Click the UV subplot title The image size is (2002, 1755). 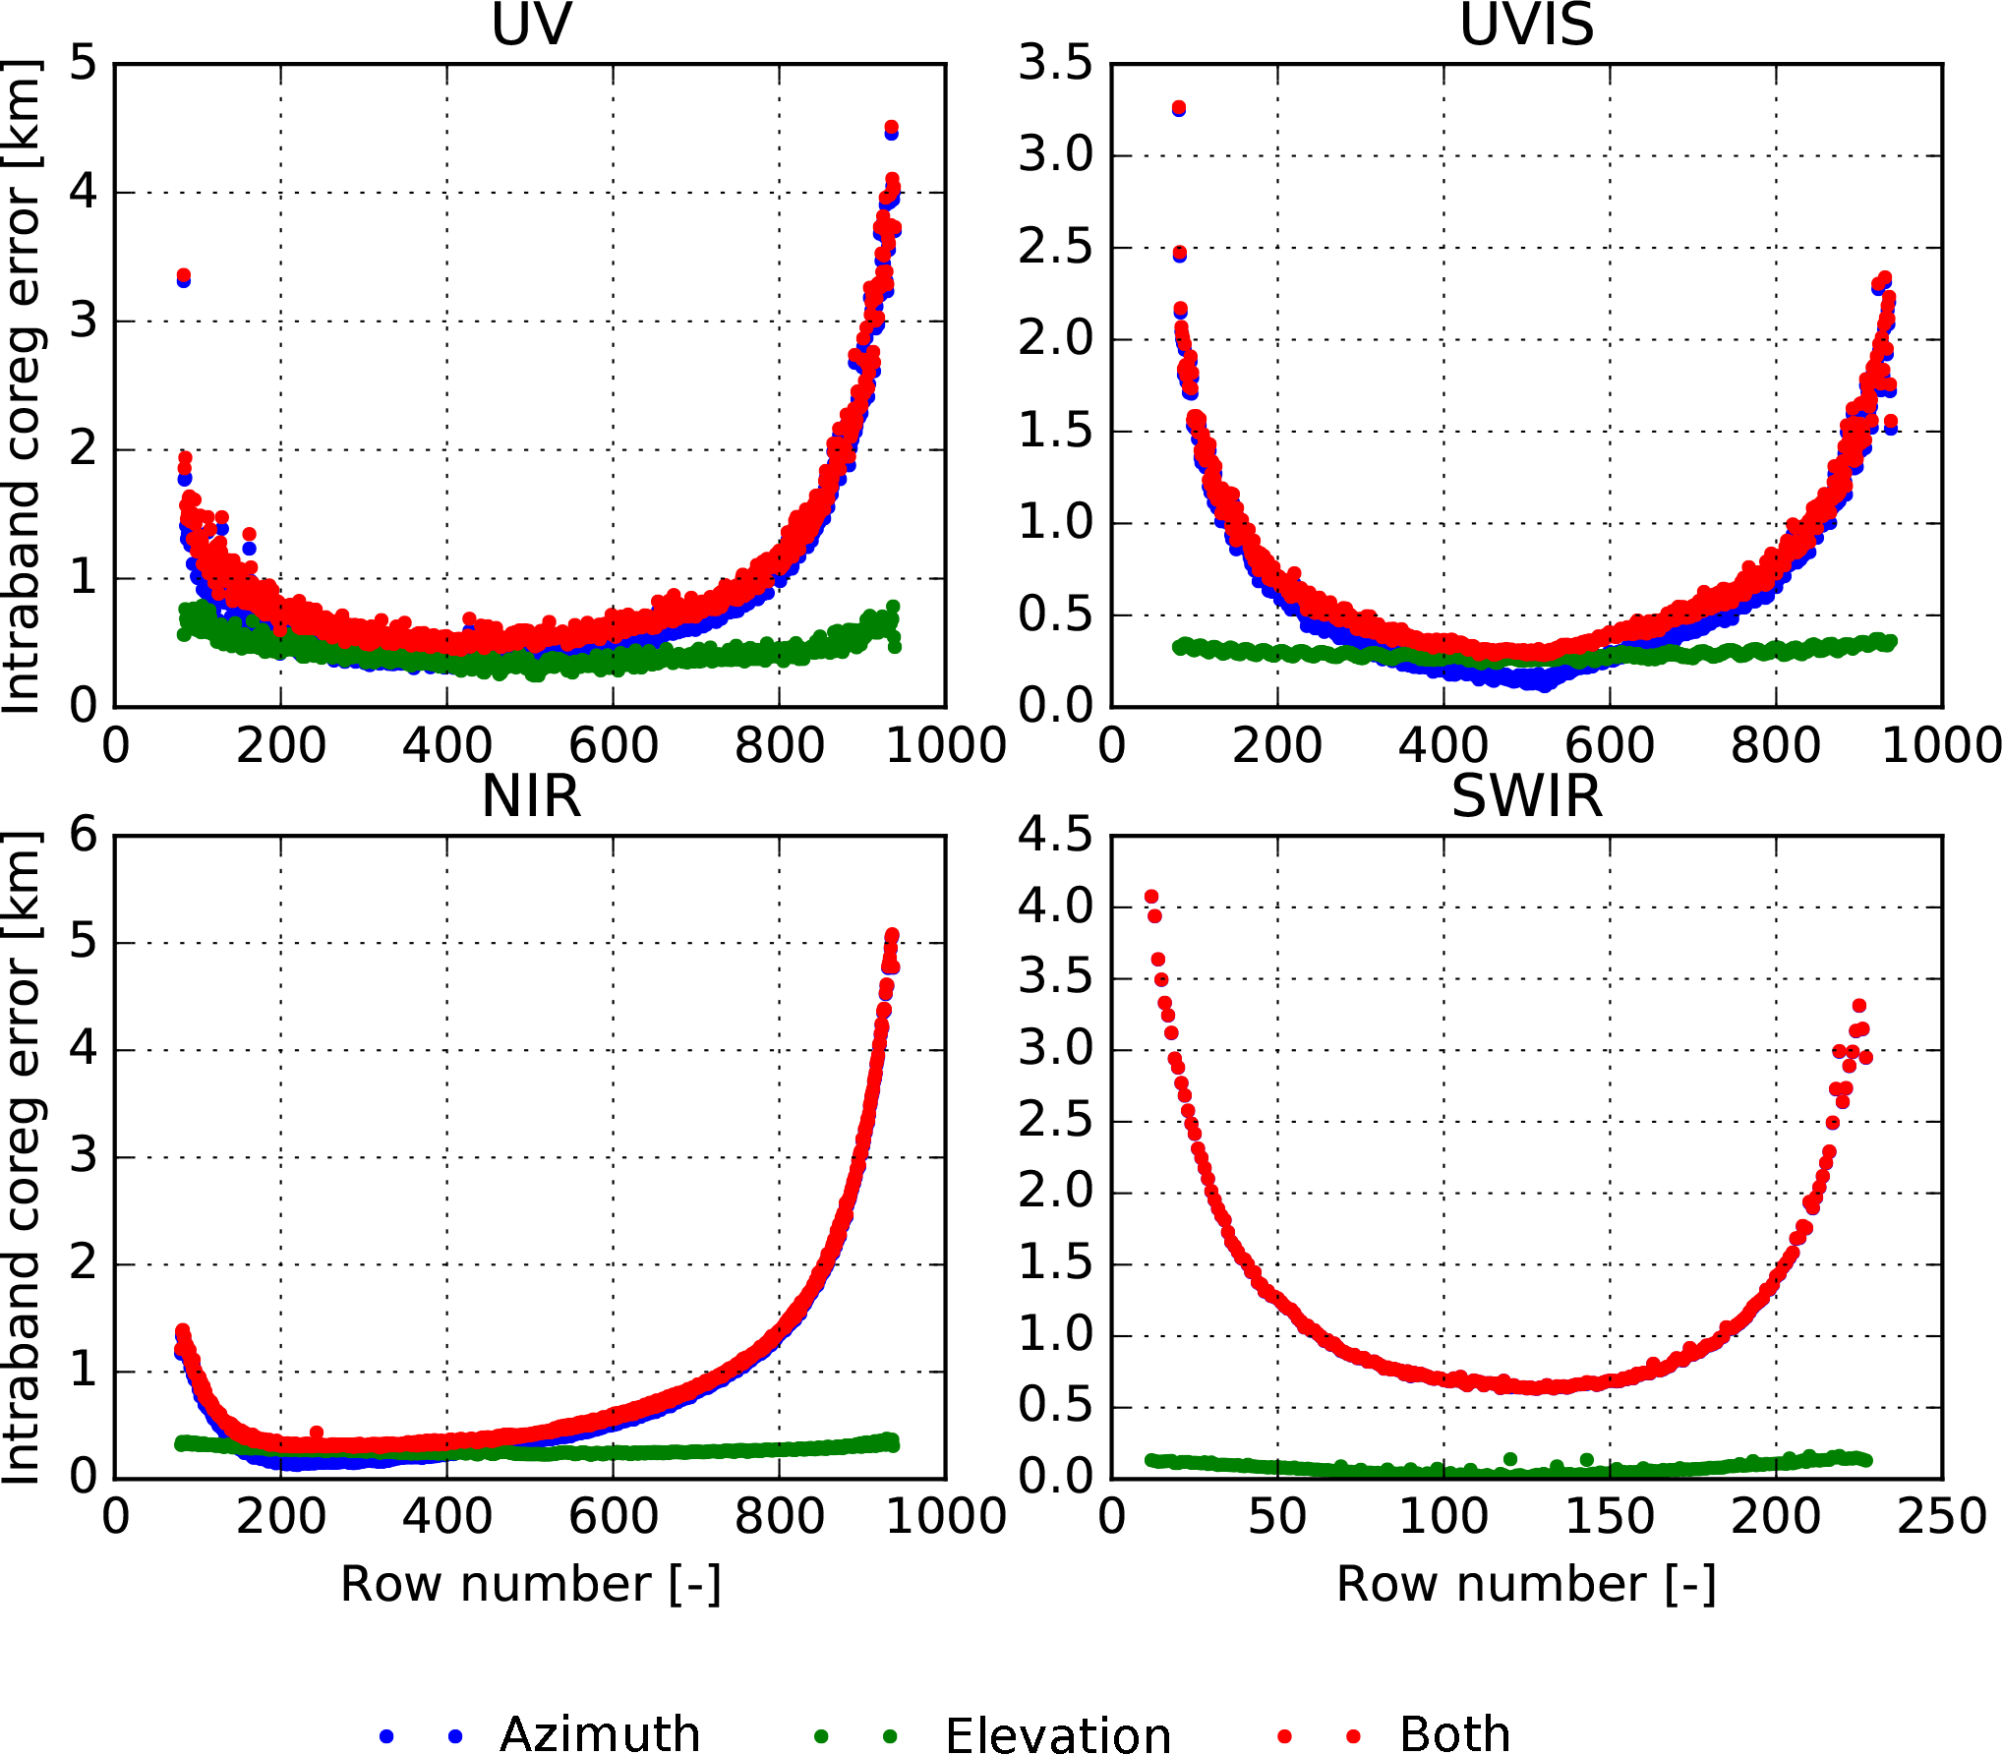[531, 25]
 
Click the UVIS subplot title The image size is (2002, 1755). [1526, 25]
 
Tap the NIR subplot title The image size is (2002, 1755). [531, 796]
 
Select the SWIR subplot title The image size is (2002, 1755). [1526, 796]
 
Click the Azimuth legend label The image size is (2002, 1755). [600, 1734]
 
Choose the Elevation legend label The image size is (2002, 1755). [1058, 1735]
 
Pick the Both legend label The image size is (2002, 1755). [1454, 1734]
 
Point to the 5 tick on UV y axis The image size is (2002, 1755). [85, 63]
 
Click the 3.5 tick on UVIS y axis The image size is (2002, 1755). [1055, 63]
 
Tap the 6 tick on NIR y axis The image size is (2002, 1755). [85, 835]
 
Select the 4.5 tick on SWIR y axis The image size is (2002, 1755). [1055, 835]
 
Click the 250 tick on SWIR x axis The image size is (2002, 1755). [1942, 1517]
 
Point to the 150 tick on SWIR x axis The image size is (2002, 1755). [1610, 1517]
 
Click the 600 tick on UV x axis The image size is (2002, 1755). [614, 745]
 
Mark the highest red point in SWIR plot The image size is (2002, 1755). [1151, 897]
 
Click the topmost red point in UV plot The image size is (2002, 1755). [892, 128]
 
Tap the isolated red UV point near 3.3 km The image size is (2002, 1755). [183, 275]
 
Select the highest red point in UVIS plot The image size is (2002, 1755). [1179, 107]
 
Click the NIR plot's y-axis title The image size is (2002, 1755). [22, 1157]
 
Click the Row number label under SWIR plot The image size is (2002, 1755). [1526, 1585]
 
